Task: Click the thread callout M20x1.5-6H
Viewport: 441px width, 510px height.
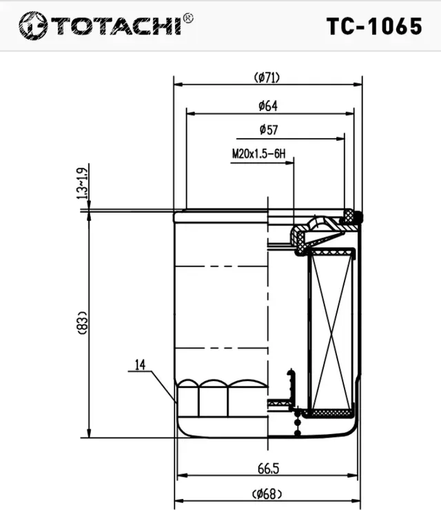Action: pos(258,155)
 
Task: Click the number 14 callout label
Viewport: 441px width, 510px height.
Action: pos(140,365)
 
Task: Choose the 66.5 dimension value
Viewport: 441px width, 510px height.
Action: pos(268,469)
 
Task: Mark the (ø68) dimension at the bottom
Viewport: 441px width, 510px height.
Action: pos(267,493)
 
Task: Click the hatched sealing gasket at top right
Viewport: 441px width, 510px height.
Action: pos(353,217)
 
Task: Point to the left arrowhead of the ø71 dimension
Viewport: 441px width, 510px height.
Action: pos(177,84)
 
